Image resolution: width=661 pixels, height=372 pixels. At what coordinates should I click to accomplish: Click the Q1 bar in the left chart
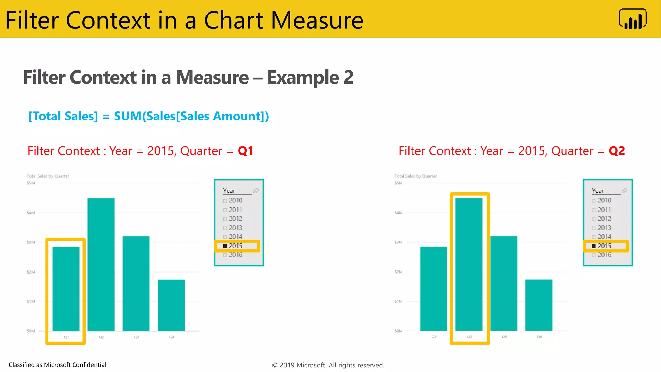[x=66, y=289]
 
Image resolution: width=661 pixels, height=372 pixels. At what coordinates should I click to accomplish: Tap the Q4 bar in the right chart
[x=539, y=305]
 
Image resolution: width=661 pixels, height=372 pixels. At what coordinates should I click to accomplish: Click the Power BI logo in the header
[x=633, y=19]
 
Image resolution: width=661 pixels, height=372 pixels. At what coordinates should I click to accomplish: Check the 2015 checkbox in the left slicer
[x=225, y=246]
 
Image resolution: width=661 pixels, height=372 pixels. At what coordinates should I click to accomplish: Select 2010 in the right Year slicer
[x=604, y=201]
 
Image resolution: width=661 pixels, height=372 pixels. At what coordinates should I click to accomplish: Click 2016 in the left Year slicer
[x=236, y=255]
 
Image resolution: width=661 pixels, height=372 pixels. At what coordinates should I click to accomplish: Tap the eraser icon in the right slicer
[x=625, y=191]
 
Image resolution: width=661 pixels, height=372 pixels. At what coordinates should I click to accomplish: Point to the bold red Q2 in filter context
[x=617, y=151]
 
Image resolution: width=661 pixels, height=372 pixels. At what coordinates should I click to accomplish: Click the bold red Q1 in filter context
[x=246, y=151]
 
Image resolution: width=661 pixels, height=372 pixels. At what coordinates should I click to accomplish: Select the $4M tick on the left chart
[x=31, y=213]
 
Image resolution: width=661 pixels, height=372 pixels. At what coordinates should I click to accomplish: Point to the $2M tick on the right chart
[x=399, y=272]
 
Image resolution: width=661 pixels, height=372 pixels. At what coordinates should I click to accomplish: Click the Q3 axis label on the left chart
[x=137, y=337]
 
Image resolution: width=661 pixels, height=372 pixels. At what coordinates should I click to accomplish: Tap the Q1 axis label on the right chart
[x=434, y=337]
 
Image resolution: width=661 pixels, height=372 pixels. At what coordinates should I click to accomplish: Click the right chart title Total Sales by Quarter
[x=416, y=176]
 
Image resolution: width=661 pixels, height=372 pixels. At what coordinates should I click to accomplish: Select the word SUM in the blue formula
[x=127, y=116]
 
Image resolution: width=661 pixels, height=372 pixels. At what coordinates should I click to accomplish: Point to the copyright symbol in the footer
[x=275, y=365]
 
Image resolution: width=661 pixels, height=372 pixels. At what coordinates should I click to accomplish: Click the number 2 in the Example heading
[x=348, y=77]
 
